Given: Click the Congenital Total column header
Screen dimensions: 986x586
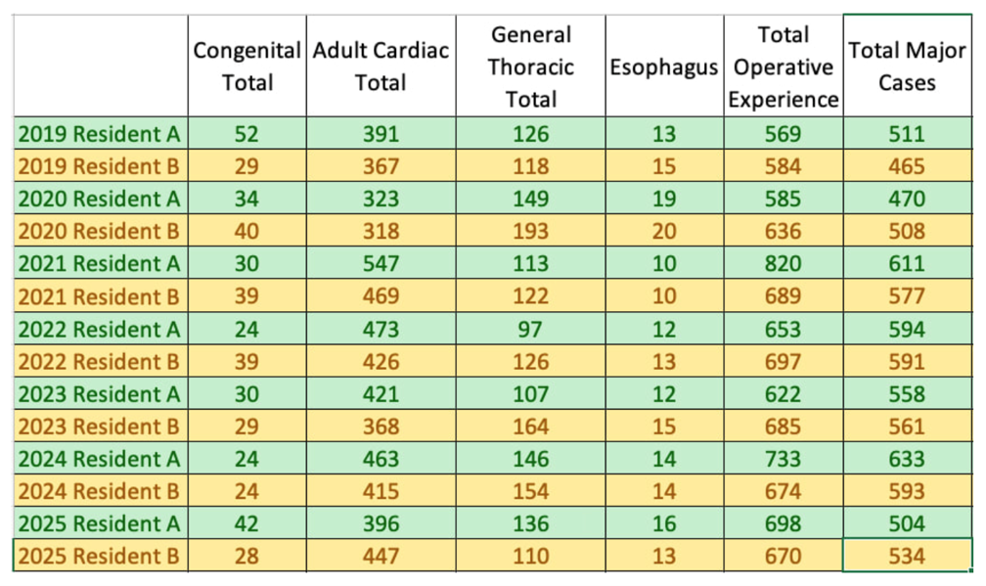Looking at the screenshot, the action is tap(247, 66).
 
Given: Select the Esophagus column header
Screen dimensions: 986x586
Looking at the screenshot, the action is tap(664, 67).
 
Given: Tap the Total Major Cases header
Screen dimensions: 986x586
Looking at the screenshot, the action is tap(907, 66).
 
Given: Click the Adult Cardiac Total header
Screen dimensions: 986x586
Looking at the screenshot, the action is tap(381, 66).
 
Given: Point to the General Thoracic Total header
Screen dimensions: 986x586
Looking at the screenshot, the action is tap(531, 67).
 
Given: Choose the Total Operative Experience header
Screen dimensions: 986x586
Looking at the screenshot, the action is tap(784, 67).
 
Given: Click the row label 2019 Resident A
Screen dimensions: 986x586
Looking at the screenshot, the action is tap(100, 134).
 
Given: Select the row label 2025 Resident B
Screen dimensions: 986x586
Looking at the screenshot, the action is tap(100, 556).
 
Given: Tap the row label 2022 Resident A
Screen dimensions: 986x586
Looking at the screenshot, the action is tap(100, 329).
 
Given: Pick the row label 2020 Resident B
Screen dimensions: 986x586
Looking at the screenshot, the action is tap(100, 231).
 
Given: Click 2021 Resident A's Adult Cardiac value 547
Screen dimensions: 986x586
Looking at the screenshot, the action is tap(381, 263).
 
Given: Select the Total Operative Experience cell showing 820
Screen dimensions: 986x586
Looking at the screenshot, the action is tap(784, 263).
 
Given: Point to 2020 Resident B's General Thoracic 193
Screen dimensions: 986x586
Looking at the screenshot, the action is tap(531, 231).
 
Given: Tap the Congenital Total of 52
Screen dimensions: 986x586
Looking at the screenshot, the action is tap(247, 134).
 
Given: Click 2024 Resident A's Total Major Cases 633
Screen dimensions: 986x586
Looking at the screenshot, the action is tap(907, 459).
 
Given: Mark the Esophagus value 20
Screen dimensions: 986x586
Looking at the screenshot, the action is tap(664, 231).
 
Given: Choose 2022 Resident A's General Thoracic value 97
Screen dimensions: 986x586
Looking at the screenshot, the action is tap(531, 329).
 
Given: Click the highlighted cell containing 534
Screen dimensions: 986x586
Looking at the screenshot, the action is tap(907, 556).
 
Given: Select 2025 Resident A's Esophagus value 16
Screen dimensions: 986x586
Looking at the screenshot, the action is tap(664, 523).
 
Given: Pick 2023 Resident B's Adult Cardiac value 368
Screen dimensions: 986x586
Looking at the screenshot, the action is tap(381, 427).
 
